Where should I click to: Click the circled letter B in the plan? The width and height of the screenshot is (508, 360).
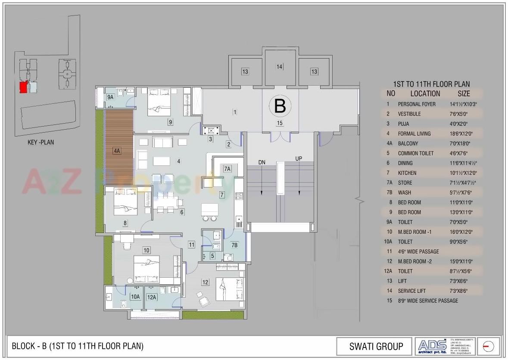280,106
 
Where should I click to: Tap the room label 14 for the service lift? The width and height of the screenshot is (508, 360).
280,67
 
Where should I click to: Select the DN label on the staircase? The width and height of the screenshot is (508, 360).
262,162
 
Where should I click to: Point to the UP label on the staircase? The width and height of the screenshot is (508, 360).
299,158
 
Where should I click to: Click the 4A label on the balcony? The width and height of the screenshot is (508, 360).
116,151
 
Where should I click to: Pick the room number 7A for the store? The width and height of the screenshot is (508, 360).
227,169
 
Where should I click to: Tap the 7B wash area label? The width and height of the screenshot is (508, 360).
234,245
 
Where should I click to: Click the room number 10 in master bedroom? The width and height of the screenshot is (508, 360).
146,250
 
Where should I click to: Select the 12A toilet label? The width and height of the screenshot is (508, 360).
151,297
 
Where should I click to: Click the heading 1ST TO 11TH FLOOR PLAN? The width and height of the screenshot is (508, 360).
431,84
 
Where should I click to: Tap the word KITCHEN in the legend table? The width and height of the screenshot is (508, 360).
407,173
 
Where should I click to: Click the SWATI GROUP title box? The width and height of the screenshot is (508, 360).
376,346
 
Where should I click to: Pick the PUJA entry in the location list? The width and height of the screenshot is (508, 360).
403,124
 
